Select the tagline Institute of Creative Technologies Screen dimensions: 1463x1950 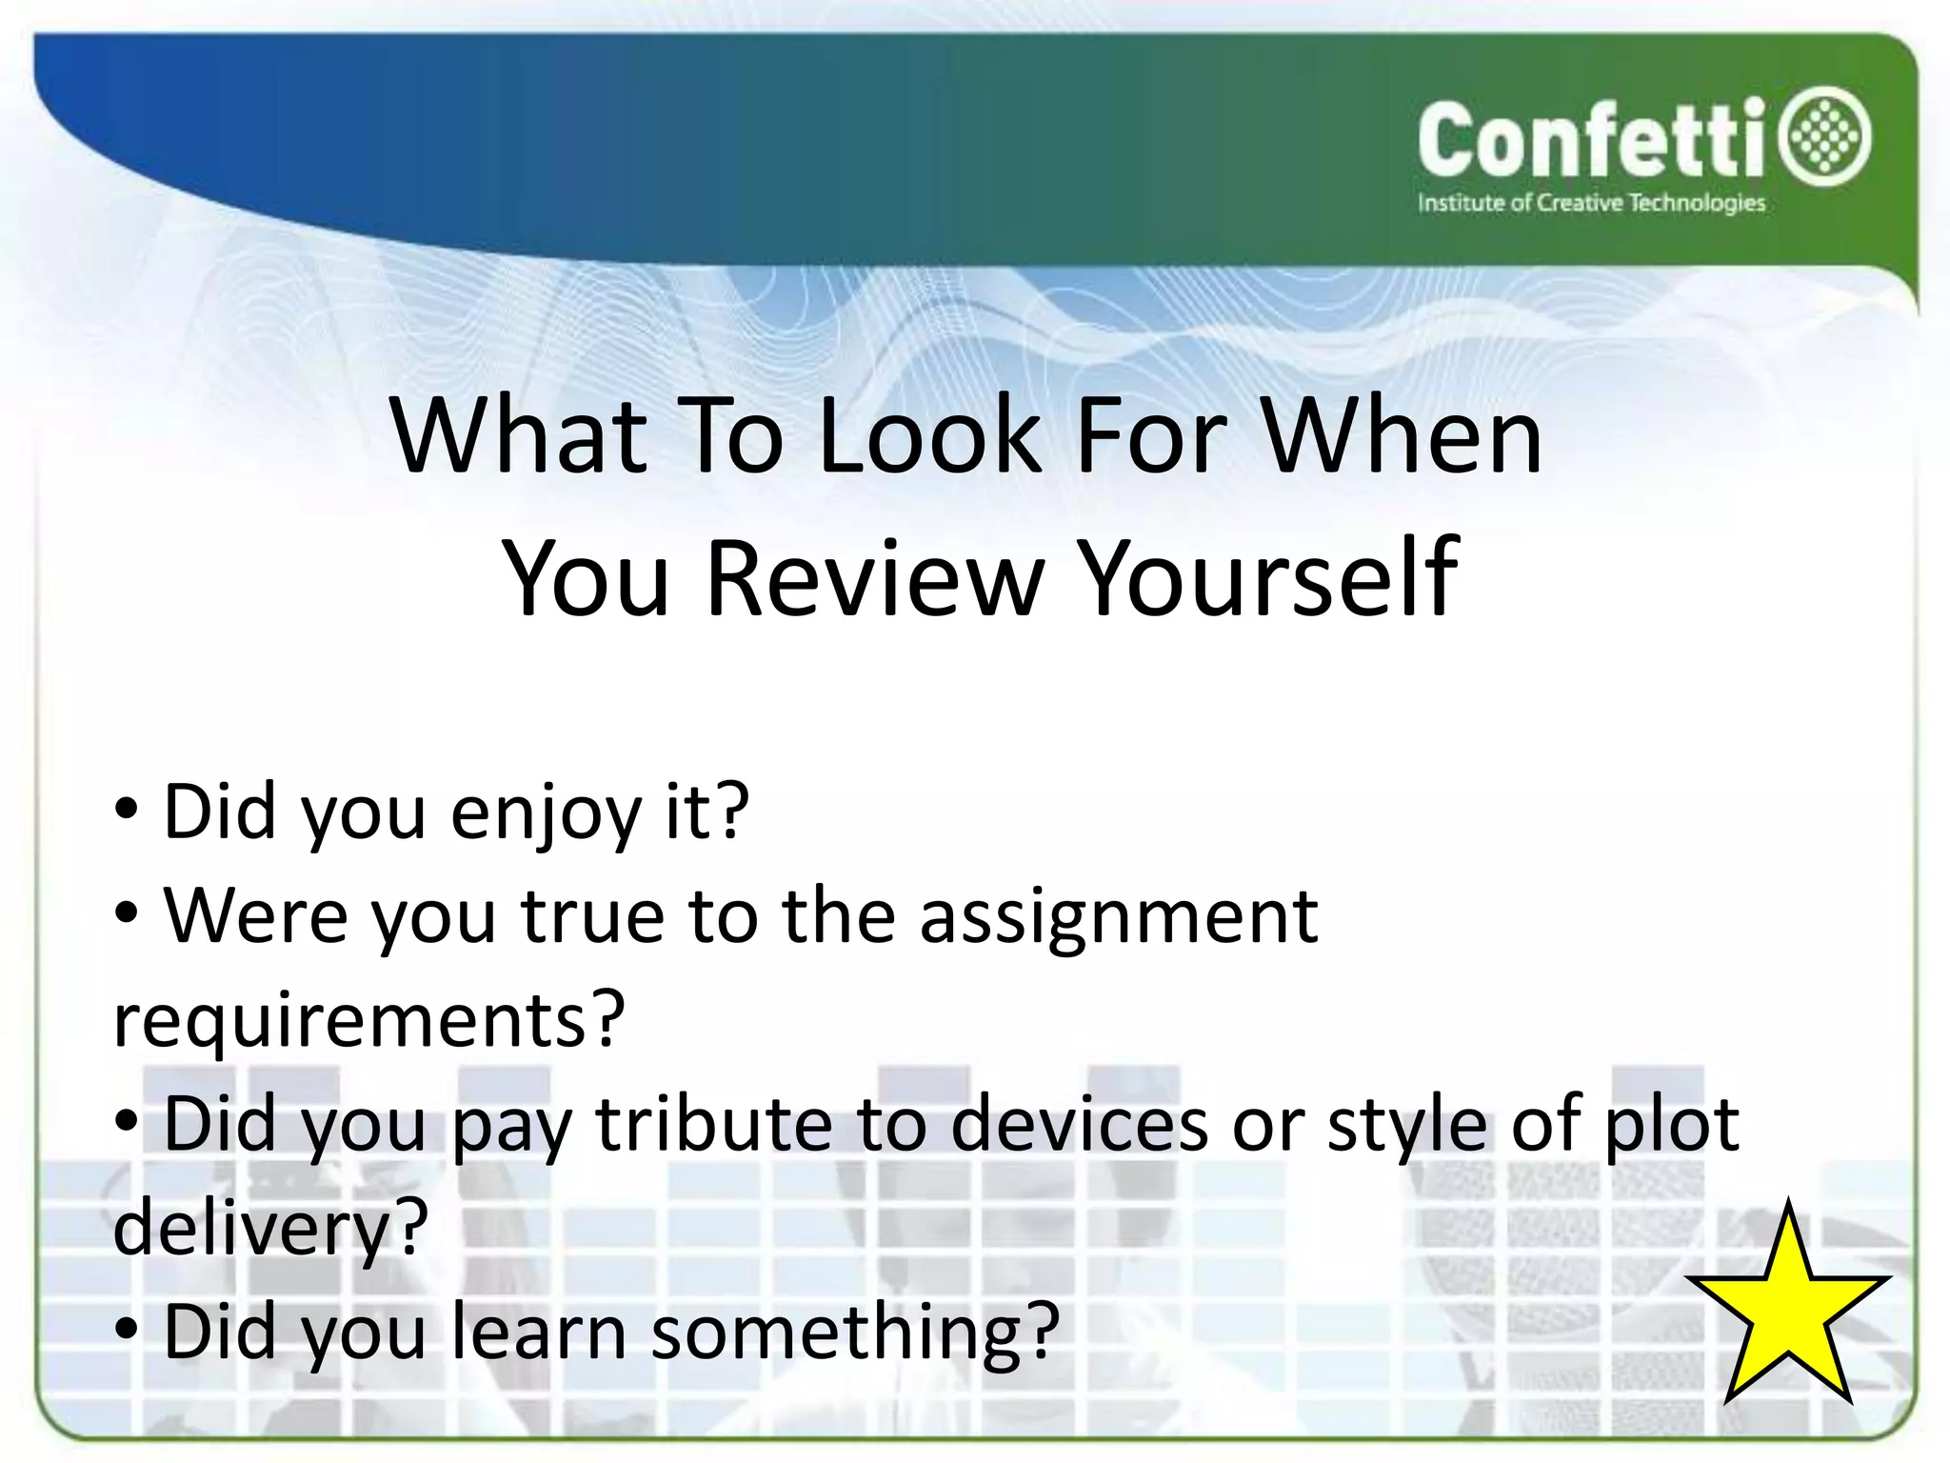click(1590, 203)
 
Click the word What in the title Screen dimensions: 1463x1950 click(519, 435)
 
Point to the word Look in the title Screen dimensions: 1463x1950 click(929, 435)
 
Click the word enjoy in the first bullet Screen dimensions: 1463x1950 click(546, 812)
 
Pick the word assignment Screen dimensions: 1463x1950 click(1118, 916)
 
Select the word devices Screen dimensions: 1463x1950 click(1079, 1124)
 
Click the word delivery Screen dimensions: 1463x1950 click(251, 1230)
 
